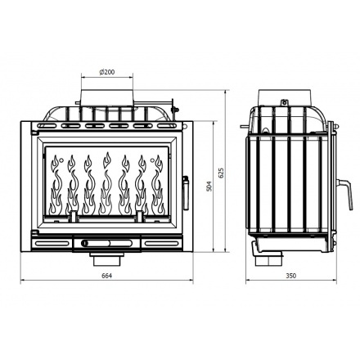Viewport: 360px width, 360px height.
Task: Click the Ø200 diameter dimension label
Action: coord(106,73)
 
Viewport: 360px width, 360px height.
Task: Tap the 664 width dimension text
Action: coord(106,275)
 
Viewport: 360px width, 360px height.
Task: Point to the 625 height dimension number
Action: coord(221,173)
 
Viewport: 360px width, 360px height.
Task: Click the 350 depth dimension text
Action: coord(291,275)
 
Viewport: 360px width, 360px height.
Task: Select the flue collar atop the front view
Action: coord(106,92)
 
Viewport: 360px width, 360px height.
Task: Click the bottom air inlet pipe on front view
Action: coord(106,259)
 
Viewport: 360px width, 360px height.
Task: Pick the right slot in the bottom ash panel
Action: coord(155,242)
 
